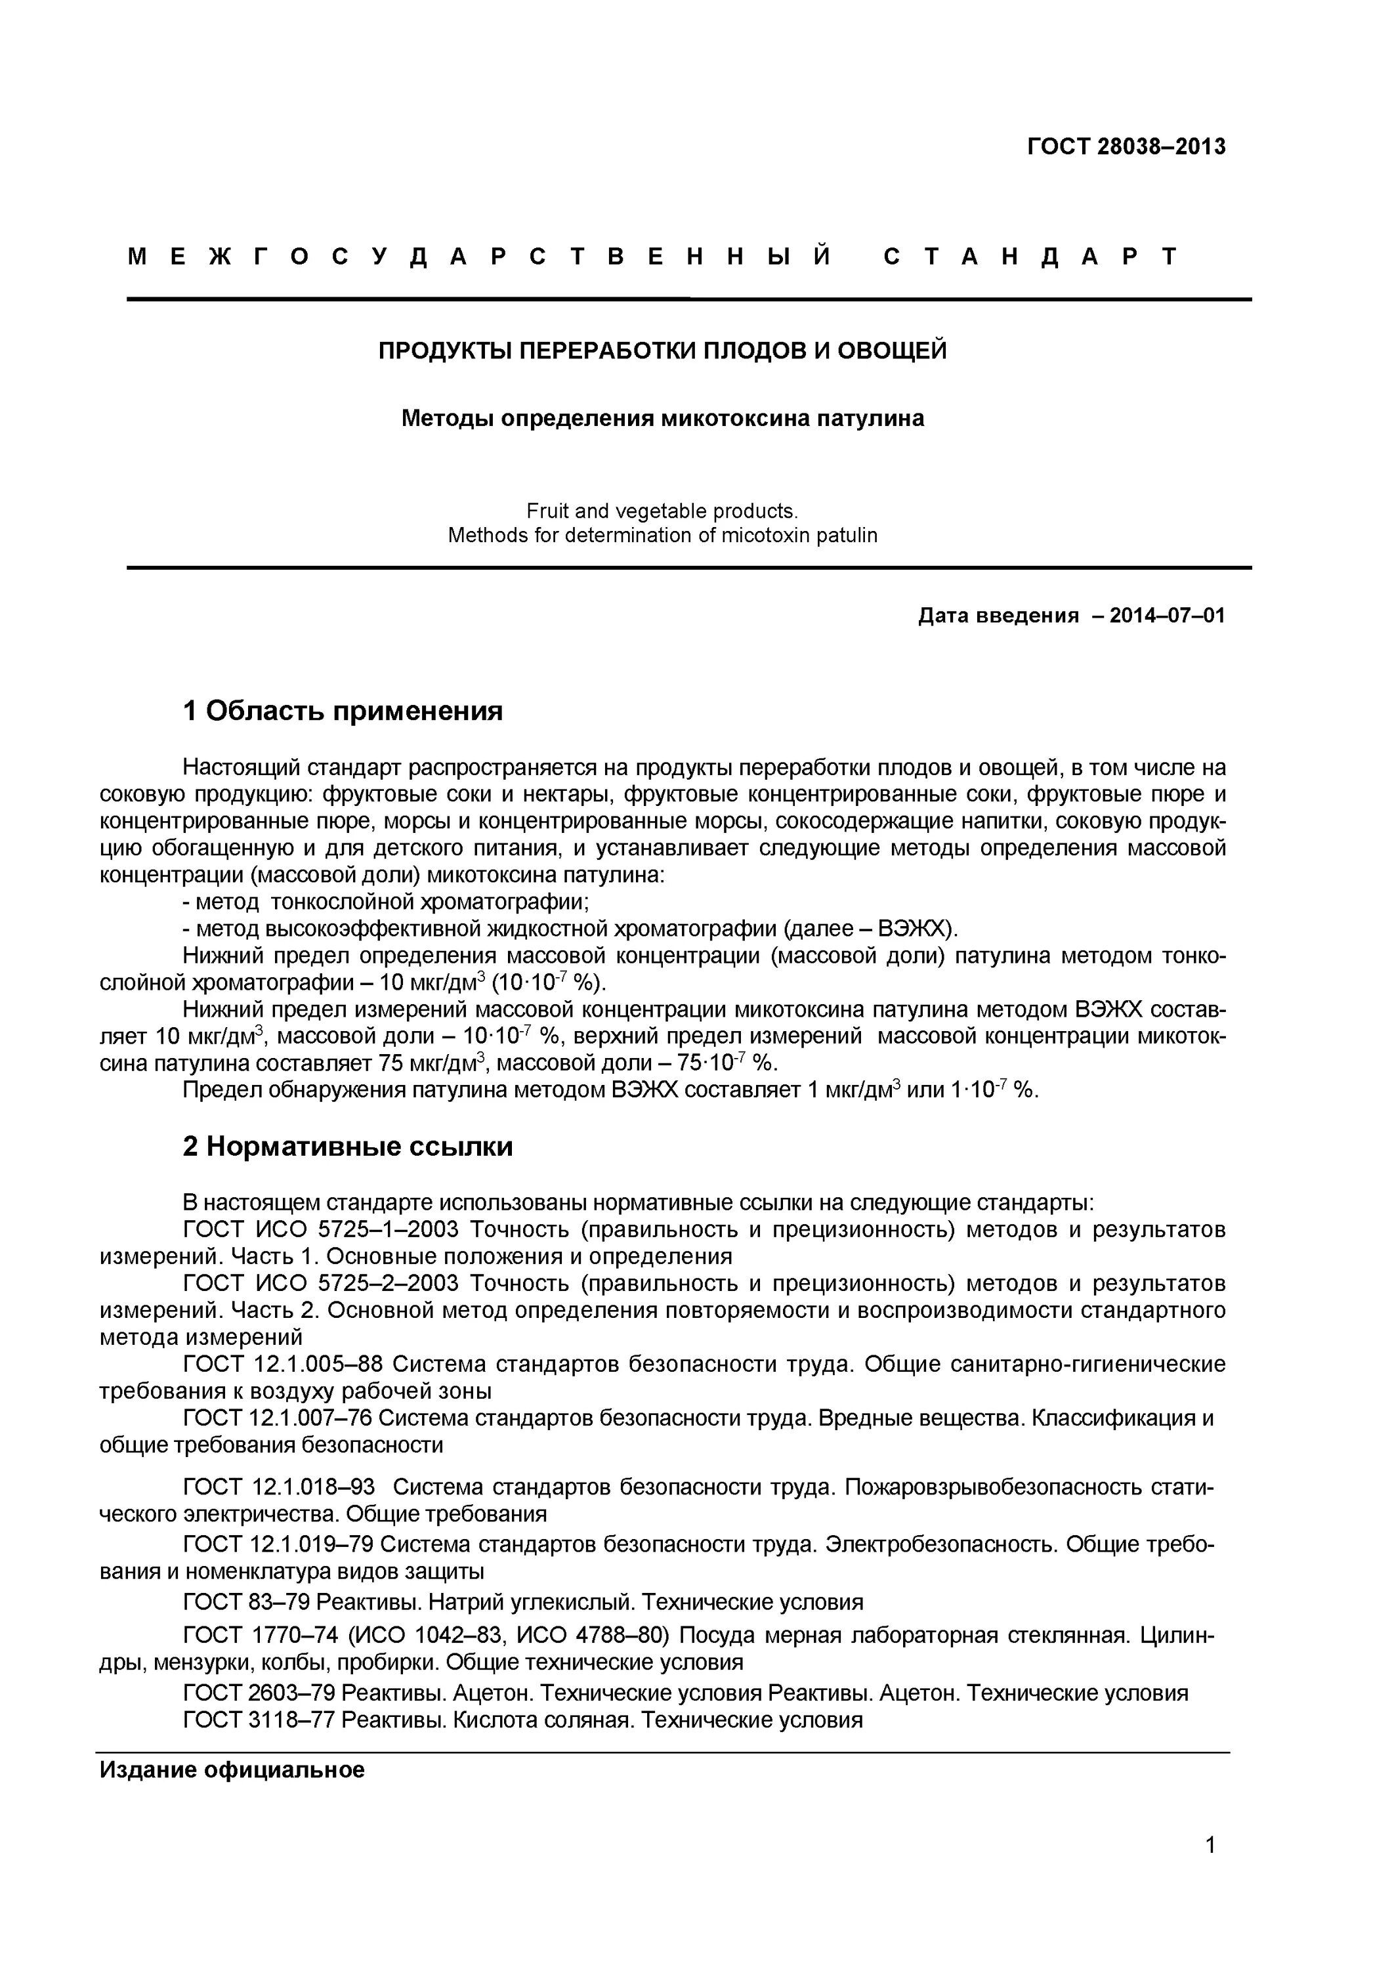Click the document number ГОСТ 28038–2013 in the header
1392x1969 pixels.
(1126, 146)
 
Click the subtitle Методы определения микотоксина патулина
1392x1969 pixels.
(663, 419)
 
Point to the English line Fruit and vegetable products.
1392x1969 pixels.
(662, 511)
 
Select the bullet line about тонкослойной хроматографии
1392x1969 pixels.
(386, 902)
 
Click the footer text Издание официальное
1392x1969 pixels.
(232, 1770)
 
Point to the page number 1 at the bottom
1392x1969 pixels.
(1210, 1869)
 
